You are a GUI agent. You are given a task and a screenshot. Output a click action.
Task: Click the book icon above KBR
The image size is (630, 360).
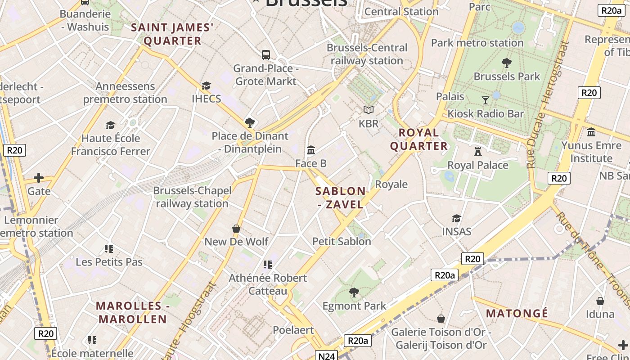369,110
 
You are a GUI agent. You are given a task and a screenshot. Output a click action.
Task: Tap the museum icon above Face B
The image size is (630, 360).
311,150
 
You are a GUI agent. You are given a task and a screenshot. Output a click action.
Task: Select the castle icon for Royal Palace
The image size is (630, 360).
478,152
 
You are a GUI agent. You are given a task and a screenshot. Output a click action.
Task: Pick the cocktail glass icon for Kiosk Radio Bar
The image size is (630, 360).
486,100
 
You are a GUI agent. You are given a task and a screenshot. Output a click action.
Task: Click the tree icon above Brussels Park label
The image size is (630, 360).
507,63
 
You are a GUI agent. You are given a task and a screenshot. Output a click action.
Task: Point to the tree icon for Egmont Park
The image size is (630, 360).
354,292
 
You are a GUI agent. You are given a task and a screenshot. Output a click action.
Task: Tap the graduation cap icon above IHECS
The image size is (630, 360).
206,85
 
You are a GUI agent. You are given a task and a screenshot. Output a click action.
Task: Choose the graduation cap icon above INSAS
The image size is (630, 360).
456,219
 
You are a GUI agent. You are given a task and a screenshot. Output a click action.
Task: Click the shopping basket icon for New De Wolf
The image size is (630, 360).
236,229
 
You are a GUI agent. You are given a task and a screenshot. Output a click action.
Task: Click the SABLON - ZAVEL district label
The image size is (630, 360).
340,198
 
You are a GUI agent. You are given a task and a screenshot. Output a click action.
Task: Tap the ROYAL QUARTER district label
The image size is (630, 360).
419,139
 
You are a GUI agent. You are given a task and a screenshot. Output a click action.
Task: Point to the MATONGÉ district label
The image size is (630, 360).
517,313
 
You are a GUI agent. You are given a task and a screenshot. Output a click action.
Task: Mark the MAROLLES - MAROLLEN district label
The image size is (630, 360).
132,312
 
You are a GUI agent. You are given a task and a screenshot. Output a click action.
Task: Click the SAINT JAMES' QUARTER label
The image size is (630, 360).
172,34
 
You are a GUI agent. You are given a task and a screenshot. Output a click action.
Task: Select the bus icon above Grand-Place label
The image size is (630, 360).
266,55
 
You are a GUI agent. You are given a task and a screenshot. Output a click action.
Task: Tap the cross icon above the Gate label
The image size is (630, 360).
39,178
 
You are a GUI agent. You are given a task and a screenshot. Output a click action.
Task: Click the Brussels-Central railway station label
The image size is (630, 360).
367,54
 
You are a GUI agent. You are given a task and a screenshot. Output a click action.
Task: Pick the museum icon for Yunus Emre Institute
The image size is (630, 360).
591,132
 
